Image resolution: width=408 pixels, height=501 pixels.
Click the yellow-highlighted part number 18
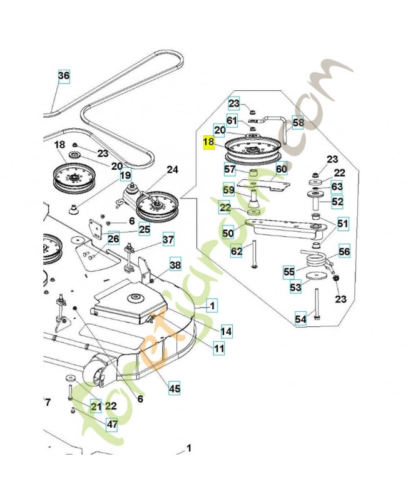(209, 143)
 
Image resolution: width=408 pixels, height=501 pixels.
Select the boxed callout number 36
(63, 76)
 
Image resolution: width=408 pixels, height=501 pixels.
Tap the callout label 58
(298, 123)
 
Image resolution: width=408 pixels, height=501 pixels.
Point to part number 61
(232, 120)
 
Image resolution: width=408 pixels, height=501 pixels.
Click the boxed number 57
(230, 170)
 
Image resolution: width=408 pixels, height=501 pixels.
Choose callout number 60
(281, 169)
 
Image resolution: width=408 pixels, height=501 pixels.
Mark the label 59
(230, 188)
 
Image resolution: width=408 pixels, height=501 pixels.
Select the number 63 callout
(337, 187)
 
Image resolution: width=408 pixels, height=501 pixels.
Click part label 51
(343, 223)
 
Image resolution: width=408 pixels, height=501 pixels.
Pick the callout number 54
(301, 319)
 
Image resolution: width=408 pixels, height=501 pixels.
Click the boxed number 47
(111, 424)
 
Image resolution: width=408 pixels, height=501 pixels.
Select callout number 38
(175, 265)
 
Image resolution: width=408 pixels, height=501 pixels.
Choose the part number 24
(172, 169)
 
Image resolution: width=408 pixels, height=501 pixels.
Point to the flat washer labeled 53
(314, 276)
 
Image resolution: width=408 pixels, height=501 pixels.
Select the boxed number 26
(113, 239)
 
